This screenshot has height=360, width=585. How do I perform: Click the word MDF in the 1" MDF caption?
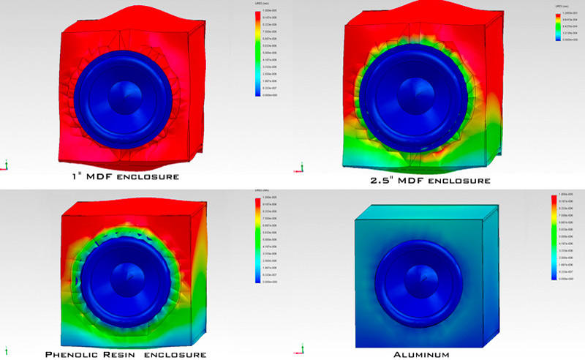click(x=100, y=176)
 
